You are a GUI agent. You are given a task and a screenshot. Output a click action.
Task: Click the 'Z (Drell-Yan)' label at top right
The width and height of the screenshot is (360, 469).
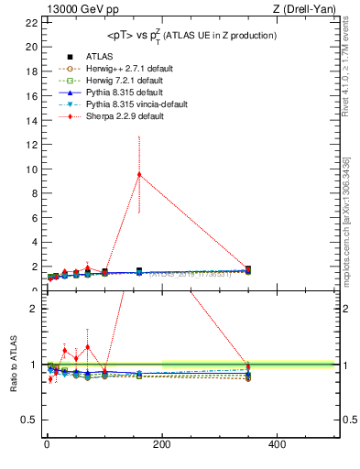(x=302, y=10)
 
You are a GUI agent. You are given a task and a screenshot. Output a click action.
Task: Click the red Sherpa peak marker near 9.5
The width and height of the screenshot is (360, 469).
(x=139, y=174)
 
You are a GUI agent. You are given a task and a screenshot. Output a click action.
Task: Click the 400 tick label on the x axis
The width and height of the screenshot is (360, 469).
(x=277, y=444)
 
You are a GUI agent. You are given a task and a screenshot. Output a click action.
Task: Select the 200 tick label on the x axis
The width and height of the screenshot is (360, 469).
(x=161, y=444)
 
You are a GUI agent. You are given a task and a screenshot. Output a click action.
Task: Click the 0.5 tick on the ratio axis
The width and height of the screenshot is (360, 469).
(x=28, y=420)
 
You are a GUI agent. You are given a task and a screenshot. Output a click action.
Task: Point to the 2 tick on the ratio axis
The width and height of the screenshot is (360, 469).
(x=33, y=309)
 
